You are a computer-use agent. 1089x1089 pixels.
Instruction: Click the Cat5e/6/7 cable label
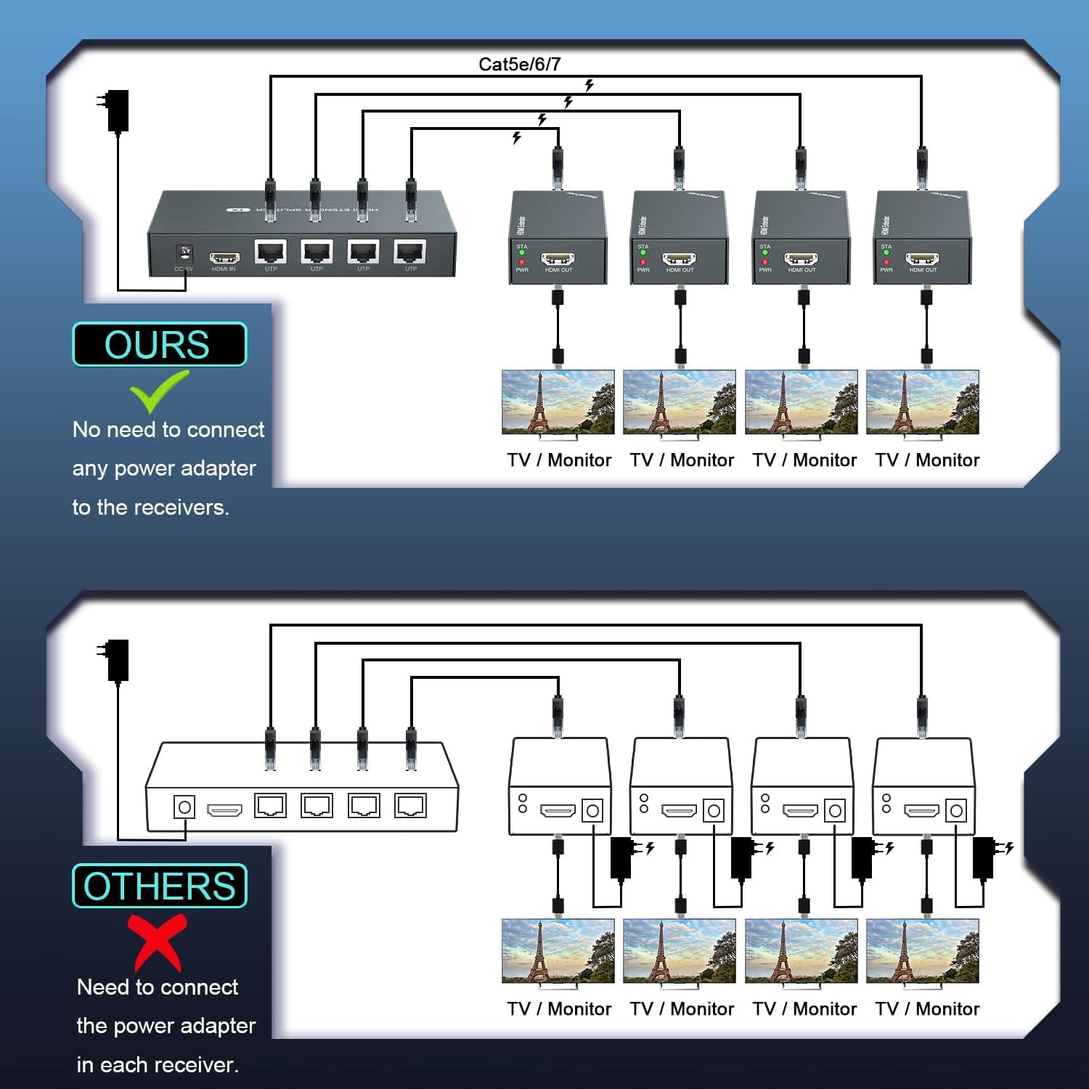pyautogui.click(x=519, y=64)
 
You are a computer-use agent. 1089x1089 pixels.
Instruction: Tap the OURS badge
pyautogui.click(x=159, y=344)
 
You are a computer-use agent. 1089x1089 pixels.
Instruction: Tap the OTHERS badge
pyautogui.click(x=159, y=886)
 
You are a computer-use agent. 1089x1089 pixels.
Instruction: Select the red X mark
pyautogui.click(x=157, y=942)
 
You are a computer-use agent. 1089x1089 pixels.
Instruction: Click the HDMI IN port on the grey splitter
pyautogui.click(x=224, y=258)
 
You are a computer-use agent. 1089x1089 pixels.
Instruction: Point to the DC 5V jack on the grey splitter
pyautogui.click(x=184, y=253)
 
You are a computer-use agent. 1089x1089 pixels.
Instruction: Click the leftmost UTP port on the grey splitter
pyautogui.click(x=271, y=252)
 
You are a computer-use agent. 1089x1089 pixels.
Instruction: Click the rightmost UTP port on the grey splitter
pyautogui.click(x=410, y=252)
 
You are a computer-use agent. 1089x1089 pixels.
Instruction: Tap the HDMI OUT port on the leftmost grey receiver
pyautogui.click(x=558, y=258)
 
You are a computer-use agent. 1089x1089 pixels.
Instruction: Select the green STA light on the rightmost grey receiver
pyautogui.click(x=886, y=253)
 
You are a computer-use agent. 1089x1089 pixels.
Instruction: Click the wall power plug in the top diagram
pyautogui.click(x=116, y=110)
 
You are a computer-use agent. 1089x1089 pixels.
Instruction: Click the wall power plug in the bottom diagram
pyautogui.click(x=116, y=659)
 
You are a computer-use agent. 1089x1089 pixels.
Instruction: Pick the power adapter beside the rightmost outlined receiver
pyautogui.click(x=984, y=857)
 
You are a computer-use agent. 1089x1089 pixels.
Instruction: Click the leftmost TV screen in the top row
pyautogui.click(x=558, y=402)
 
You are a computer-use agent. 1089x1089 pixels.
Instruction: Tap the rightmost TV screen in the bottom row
pyautogui.click(x=923, y=951)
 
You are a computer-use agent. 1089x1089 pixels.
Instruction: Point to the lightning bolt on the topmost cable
pyautogui.click(x=589, y=86)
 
